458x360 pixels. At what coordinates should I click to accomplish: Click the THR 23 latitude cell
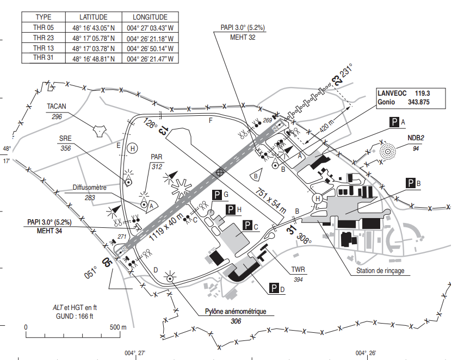coord(94,38)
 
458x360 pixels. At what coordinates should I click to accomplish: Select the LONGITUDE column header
coord(150,17)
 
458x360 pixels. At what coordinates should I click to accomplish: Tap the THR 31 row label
coord(43,58)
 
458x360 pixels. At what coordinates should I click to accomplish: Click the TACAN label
coord(57,106)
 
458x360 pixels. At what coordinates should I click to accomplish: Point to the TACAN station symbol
coord(100,131)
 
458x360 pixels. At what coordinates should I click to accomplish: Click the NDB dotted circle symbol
coord(388,151)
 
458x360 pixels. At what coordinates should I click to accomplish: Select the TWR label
coord(298,270)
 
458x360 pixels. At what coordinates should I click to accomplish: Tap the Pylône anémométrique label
coord(236,312)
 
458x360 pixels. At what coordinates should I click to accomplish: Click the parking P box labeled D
coord(274,288)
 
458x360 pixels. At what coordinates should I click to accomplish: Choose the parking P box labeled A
coord(394,122)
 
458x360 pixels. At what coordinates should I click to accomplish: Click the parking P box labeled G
coord(217,195)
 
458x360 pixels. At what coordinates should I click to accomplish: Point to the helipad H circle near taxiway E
coord(132,148)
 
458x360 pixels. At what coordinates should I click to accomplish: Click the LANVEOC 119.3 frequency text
coord(404,94)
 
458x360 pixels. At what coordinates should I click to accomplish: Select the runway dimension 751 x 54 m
coord(271,201)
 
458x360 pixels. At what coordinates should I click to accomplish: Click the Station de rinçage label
coord(380,271)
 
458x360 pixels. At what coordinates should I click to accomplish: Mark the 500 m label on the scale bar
coord(118,327)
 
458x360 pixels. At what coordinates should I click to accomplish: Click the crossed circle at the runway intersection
coord(220,172)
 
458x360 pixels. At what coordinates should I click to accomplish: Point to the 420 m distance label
coord(327,126)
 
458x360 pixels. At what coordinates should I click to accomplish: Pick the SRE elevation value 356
coord(66,148)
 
